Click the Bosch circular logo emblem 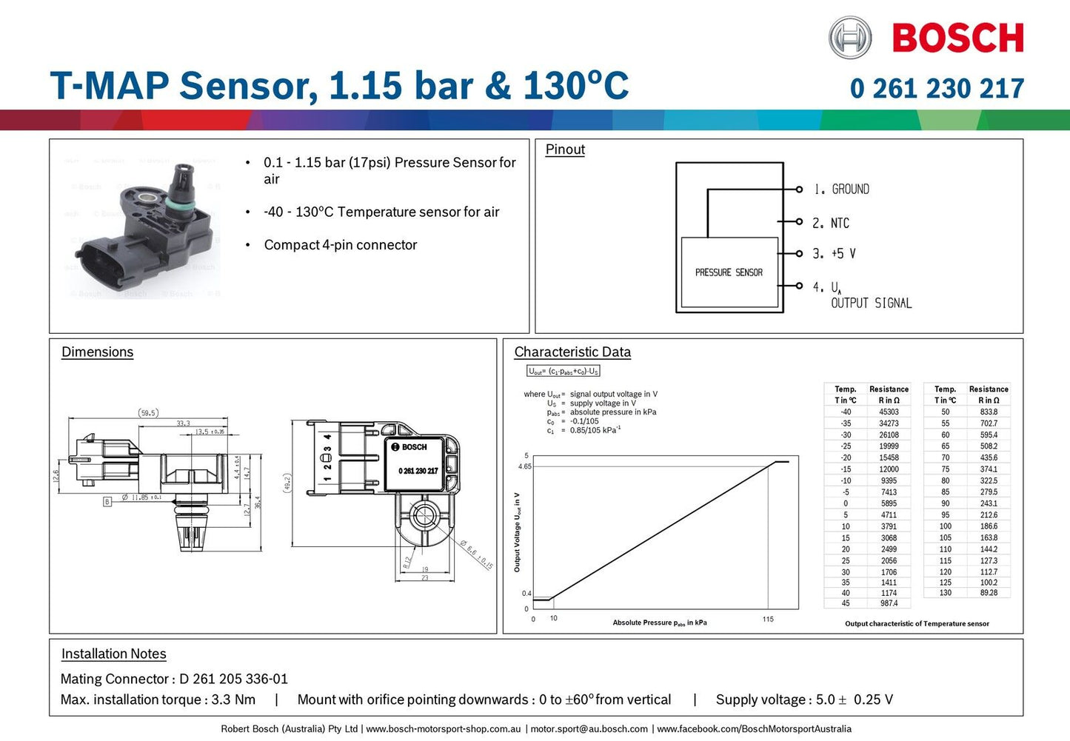[849, 38]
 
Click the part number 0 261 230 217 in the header [937, 89]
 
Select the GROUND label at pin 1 [850, 190]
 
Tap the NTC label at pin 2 [840, 223]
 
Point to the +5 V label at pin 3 [843, 254]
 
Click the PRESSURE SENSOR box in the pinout [729, 272]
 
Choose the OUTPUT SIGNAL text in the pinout [871, 304]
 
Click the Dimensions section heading [97, 352]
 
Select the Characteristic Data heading [572, 352]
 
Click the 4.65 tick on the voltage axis [524, 466]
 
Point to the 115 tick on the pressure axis [768, 620]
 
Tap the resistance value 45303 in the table [889, 412]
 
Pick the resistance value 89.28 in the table [989, 593]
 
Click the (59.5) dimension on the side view [148, 413]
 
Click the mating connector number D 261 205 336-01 [233, 679]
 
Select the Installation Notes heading [113, 654]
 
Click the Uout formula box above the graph [563, 371]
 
